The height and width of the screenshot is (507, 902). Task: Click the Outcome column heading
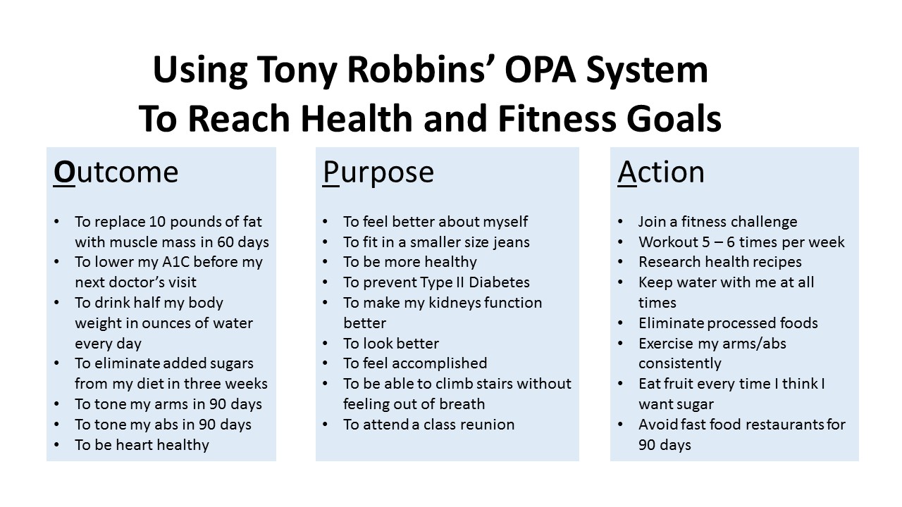tap(116, 173)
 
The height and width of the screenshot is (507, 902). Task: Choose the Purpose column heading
tap(378, 173)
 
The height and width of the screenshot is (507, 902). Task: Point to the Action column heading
tap(661, 173)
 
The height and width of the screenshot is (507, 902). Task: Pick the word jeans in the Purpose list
tap(511, 242)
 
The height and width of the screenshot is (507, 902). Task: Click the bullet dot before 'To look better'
tap(326, 344)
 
